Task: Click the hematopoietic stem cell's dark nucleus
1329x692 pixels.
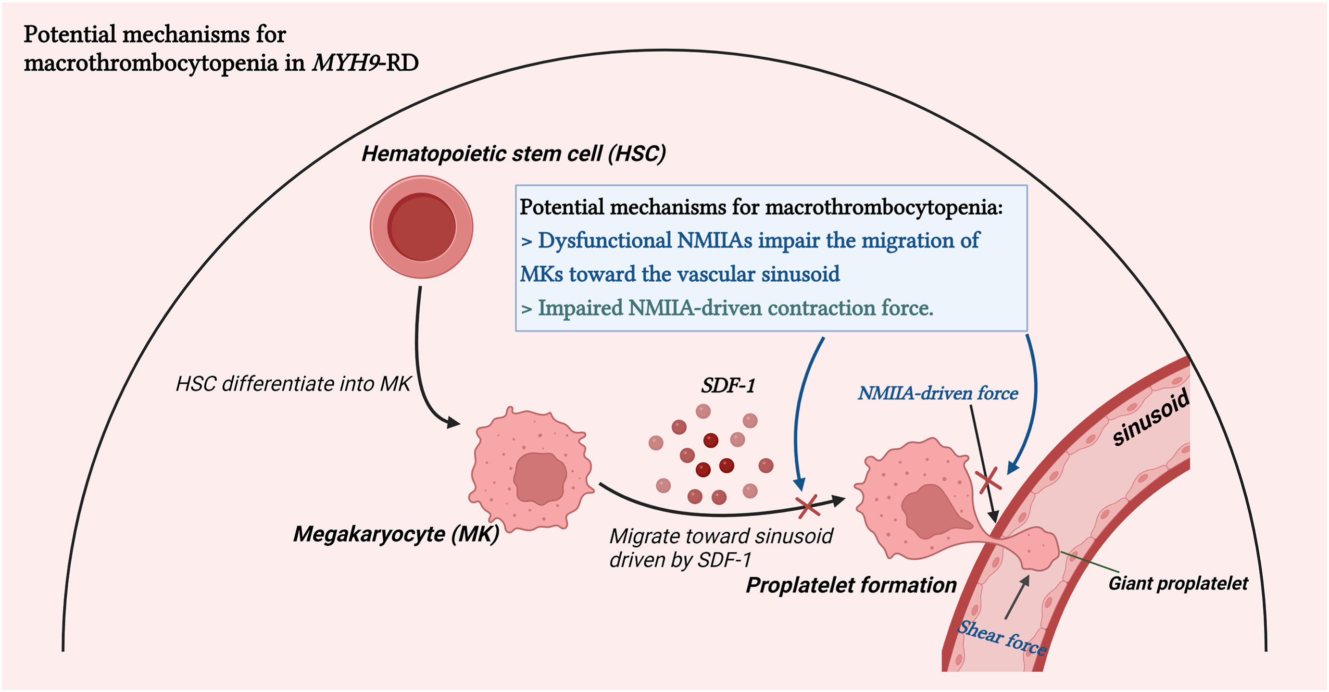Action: (422, 227)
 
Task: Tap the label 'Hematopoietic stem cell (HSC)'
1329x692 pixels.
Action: (514, 154)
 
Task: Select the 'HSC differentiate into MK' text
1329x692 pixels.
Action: (293, 384)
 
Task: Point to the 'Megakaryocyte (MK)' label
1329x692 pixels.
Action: (396, 534)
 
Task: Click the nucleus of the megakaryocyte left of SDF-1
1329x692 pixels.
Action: (539, 478)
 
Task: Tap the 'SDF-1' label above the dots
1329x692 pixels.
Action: (728, 386)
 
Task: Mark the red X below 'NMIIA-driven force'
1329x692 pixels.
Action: (988, 480)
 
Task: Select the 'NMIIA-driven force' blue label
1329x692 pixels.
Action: (938, 393)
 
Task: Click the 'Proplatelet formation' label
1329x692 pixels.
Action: (851, 585)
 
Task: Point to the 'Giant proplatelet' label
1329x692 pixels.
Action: (1178, 583)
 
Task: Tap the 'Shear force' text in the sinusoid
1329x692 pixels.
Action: (1002, 638)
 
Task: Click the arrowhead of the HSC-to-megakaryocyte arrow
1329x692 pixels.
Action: (453, 423)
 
